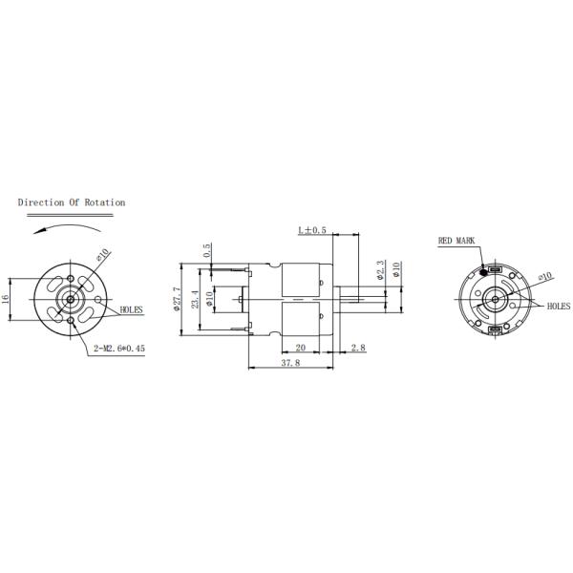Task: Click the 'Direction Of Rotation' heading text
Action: (x=72, y=202)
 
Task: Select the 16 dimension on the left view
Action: (x=6, y=298)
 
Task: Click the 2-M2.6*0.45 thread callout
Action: (x=119, y=349)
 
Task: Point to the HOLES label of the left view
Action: (x=132, y=310)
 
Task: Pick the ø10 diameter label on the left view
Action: (x=102, y=257)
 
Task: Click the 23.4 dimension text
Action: (x=197, y=299)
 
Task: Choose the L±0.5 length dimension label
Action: (x=312, y=230)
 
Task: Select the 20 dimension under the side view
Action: (x=300, y=348)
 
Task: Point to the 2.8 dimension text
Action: (x=358, y=348)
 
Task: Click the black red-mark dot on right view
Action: (x=484, y=267)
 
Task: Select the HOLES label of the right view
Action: (x=558, y=307)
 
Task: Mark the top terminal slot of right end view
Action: (x=495, y=270)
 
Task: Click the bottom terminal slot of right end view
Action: (x=495, y=329)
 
